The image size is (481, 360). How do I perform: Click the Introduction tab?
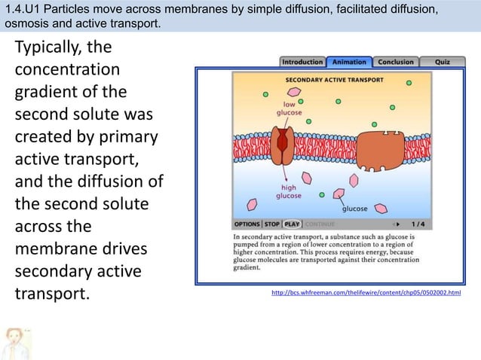click(x=302, y=62)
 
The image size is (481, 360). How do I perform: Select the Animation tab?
click(x=349, y=62)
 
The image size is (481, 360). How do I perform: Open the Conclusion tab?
click(x=396, y=62)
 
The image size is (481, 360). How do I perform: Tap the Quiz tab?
click(x=443, y=62)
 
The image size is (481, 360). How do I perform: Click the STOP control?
click(x=272, y=224)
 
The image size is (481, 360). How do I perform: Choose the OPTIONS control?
click(x=247, y=224)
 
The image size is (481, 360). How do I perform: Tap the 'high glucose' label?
click(x=288, y=191)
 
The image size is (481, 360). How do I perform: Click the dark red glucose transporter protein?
click(x=284, y=146)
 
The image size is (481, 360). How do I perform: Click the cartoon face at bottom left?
click(x=15, y=343)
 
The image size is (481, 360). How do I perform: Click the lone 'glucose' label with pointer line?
click(x=355, y=209)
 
